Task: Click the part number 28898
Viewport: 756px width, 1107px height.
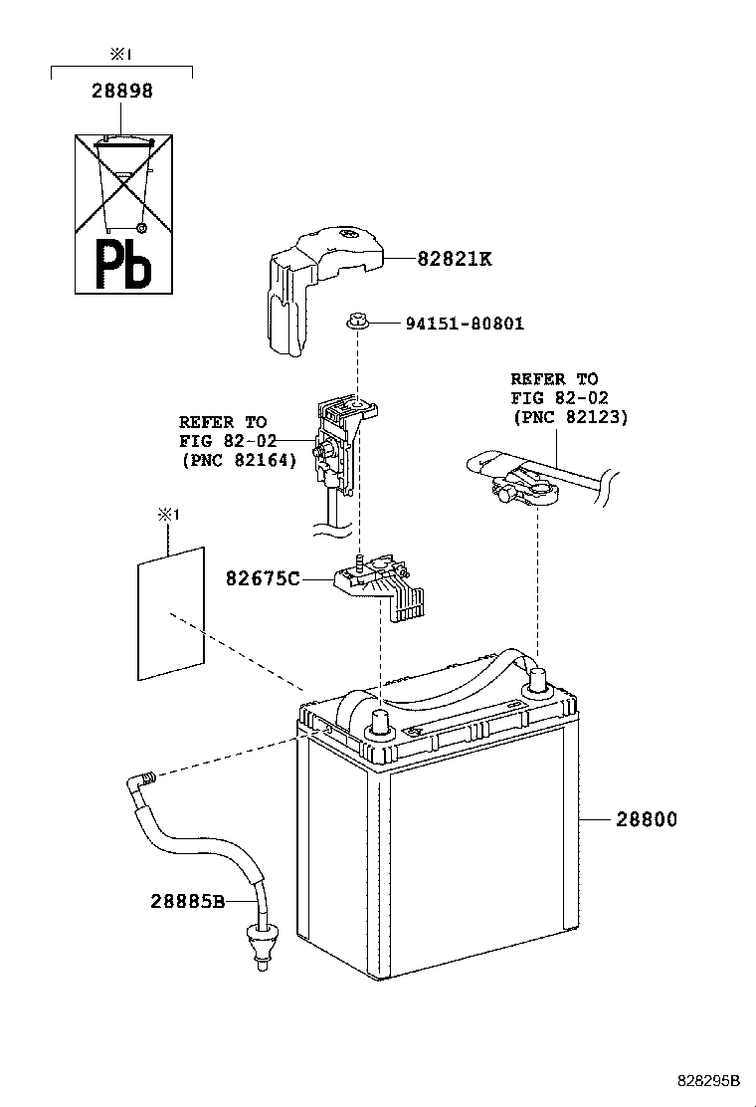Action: [x=121, y=92]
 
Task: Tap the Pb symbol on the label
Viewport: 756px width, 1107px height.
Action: [x=123, y=264]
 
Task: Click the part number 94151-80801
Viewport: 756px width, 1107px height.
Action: [x=464, y=324]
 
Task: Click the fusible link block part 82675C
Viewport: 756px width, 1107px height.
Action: [x=383, y=586]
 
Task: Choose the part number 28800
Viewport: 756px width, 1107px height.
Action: [x=646, y=819]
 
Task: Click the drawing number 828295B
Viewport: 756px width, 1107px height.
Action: [x=709, y=1080]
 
